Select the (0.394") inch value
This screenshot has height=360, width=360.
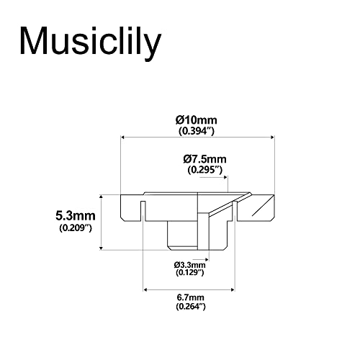197,132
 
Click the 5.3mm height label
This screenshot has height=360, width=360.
76,215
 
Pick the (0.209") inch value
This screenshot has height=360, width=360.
76,228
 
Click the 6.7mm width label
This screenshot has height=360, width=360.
190,297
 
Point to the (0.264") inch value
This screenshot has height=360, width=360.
190,307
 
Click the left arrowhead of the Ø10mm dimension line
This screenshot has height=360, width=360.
122,137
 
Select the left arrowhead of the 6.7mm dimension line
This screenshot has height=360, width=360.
148,289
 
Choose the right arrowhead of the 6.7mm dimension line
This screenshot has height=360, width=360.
235,289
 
